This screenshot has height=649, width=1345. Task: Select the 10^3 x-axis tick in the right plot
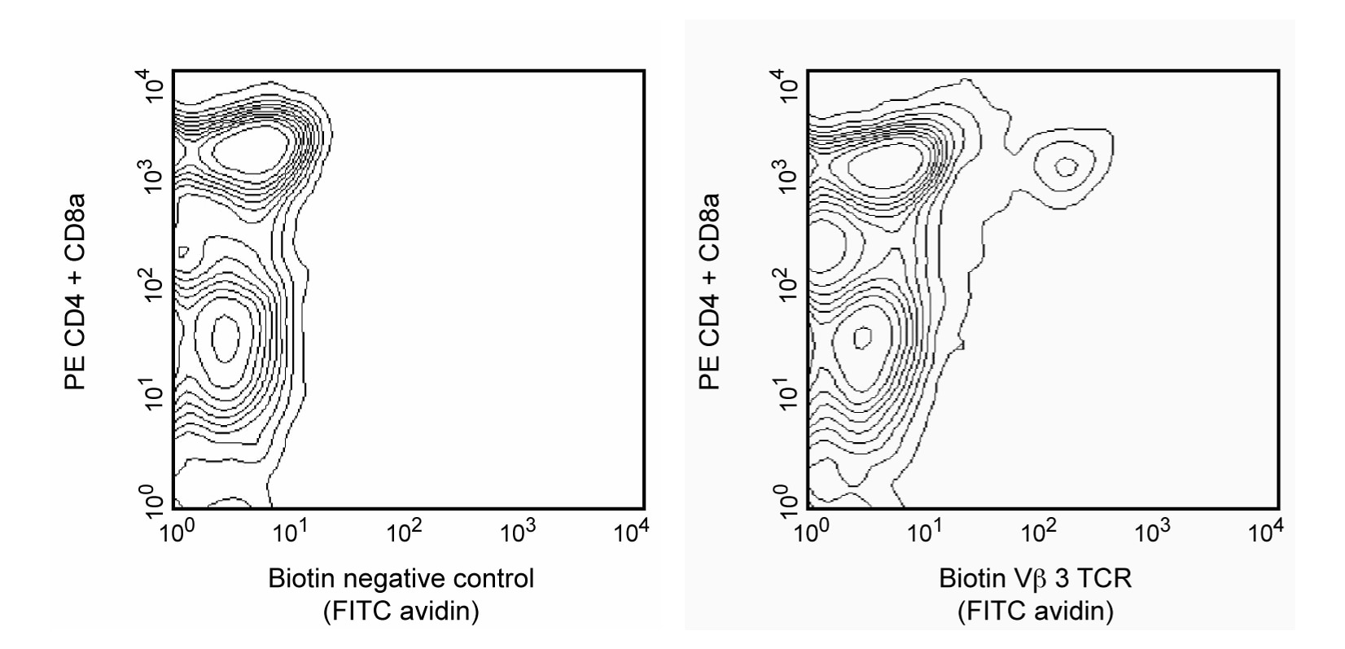pyautogui.click(x=1150, y=533)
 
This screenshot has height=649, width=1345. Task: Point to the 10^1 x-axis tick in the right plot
pyautogui.click(x=924, y=533)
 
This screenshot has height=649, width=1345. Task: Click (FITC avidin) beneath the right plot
pyautogui.click(x=1036, y=610)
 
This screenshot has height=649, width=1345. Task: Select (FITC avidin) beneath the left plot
pyautogui.click(x=401, y=610)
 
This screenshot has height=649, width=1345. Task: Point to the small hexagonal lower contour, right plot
pyautogui.click(x=862, y=336)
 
